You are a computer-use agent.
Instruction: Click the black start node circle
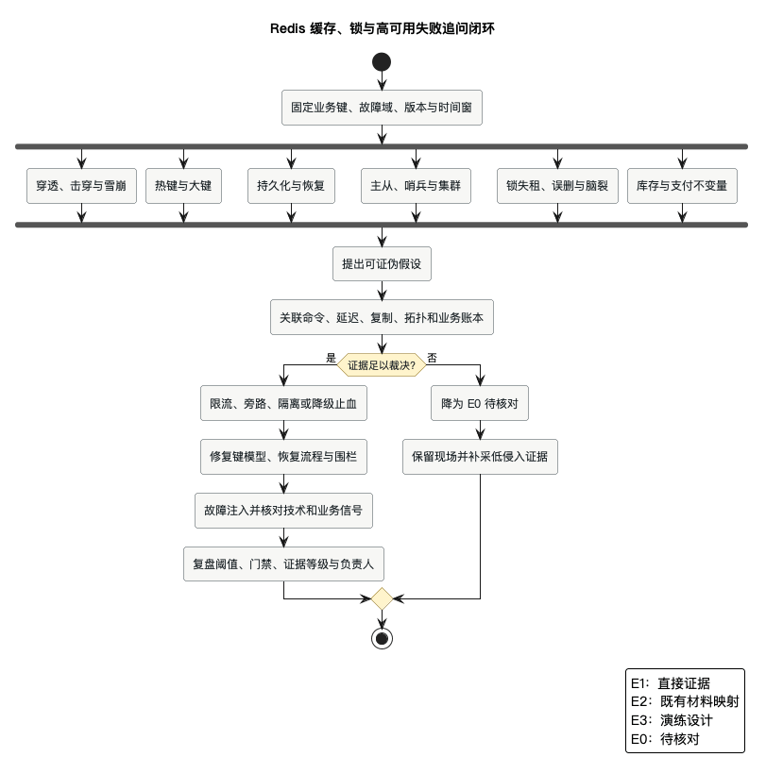pos(382,62)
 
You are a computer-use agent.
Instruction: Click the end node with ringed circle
pos(382,639)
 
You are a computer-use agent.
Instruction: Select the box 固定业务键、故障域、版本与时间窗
pos(382,108)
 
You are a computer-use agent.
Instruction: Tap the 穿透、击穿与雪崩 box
pos(81,186)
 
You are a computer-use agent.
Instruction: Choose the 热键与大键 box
pos(184,186)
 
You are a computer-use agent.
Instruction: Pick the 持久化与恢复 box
pos(292,186)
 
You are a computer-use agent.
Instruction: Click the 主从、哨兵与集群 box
pos(416,186)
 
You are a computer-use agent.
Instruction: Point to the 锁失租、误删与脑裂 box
pos(557,186)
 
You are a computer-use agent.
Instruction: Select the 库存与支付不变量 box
pos(682,186)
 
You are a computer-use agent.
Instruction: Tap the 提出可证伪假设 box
pos(382,264)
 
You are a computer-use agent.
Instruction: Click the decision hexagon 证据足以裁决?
pos(382,365)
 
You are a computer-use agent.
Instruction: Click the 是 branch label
pos(331,358)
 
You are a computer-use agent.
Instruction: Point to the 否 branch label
pos(433,358)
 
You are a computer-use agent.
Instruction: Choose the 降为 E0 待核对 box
pos(480,403)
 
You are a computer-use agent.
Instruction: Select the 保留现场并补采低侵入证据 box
pos(480,457)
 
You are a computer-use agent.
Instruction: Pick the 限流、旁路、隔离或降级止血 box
pos(283,403)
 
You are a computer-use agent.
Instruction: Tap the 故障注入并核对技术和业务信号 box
pos(283,511)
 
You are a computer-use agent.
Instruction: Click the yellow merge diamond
pos(382,599)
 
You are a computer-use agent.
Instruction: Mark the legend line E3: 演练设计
pos(672,720)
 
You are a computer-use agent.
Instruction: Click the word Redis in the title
pos(287,28)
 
